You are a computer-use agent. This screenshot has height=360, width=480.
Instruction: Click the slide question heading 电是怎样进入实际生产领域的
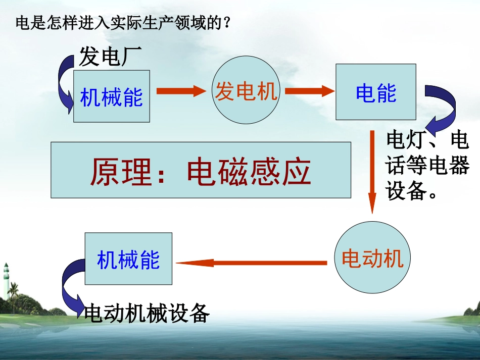pos(123,23)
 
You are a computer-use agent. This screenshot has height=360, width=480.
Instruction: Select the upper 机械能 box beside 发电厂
pos(112,96)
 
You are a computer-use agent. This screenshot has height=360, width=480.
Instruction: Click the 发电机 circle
pos(246,91)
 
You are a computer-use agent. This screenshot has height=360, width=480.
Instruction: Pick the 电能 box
pos(375,92)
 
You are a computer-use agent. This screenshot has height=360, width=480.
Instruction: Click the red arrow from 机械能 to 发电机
pos(182,91)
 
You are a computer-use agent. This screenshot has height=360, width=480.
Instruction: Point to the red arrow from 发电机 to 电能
pos(310,91)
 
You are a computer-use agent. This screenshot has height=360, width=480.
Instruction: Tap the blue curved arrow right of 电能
pos(442,108)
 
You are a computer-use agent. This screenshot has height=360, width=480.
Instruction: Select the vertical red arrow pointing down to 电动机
pos(372,172)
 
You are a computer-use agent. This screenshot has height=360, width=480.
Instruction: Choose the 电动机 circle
pos(372,259)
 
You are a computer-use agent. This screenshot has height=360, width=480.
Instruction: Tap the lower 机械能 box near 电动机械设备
pos(128,259)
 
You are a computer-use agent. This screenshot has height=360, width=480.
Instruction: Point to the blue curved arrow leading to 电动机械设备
pos(70,288)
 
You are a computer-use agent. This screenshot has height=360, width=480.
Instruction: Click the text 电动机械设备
pos(147,314)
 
